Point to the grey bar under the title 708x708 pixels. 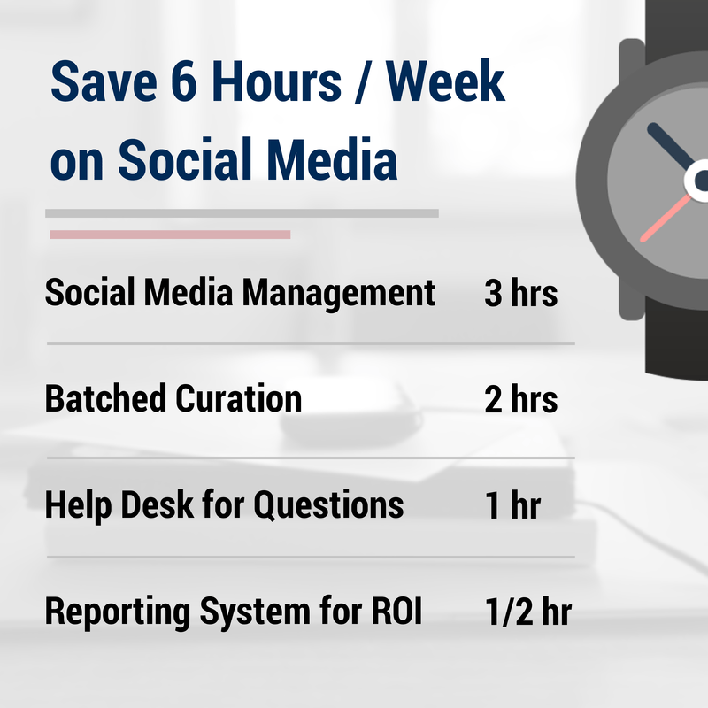pos(242,213)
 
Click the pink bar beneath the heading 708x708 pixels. pos(170,235)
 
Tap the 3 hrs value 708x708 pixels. pos(520,294)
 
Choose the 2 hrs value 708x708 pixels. pos(520,400)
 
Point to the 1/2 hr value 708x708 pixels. pos(527,612)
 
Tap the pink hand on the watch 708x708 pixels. pos(666,218)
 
